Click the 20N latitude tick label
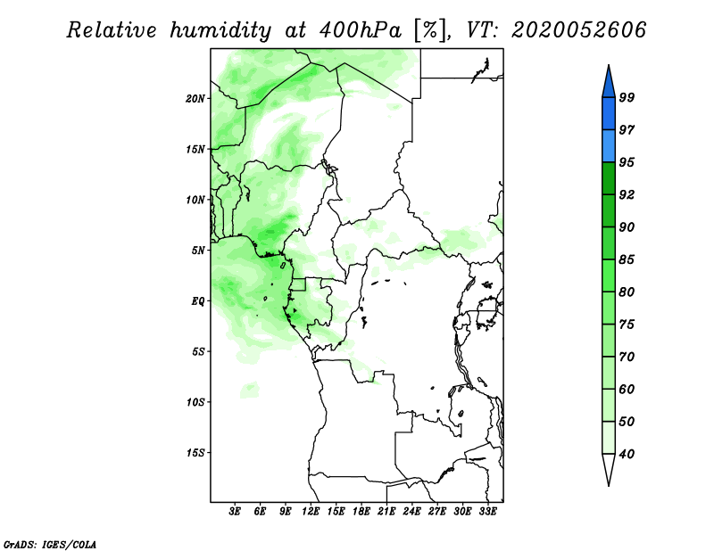coord(195,99)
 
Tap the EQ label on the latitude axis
coord(197,301)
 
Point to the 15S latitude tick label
coord(195,453)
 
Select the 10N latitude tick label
coord(195,200)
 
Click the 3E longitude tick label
coord(235,512)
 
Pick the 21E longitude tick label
coord(386,512)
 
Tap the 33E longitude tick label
coord(487,512)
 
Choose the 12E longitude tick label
coord(311,512)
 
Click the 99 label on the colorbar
coord(627,97)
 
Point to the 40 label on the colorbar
coord(627,454)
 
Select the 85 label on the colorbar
coord(627,259)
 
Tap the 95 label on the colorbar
coord(627,162)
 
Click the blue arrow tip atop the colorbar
coord(609,65)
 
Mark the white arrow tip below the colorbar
coord(609,485)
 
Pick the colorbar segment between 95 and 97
coord(609,146)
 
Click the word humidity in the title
coord(220,30)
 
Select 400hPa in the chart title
coord(361,30)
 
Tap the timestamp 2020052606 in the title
coord(578,30)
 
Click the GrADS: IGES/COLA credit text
coord(50,544)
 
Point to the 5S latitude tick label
coord(197,351)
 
